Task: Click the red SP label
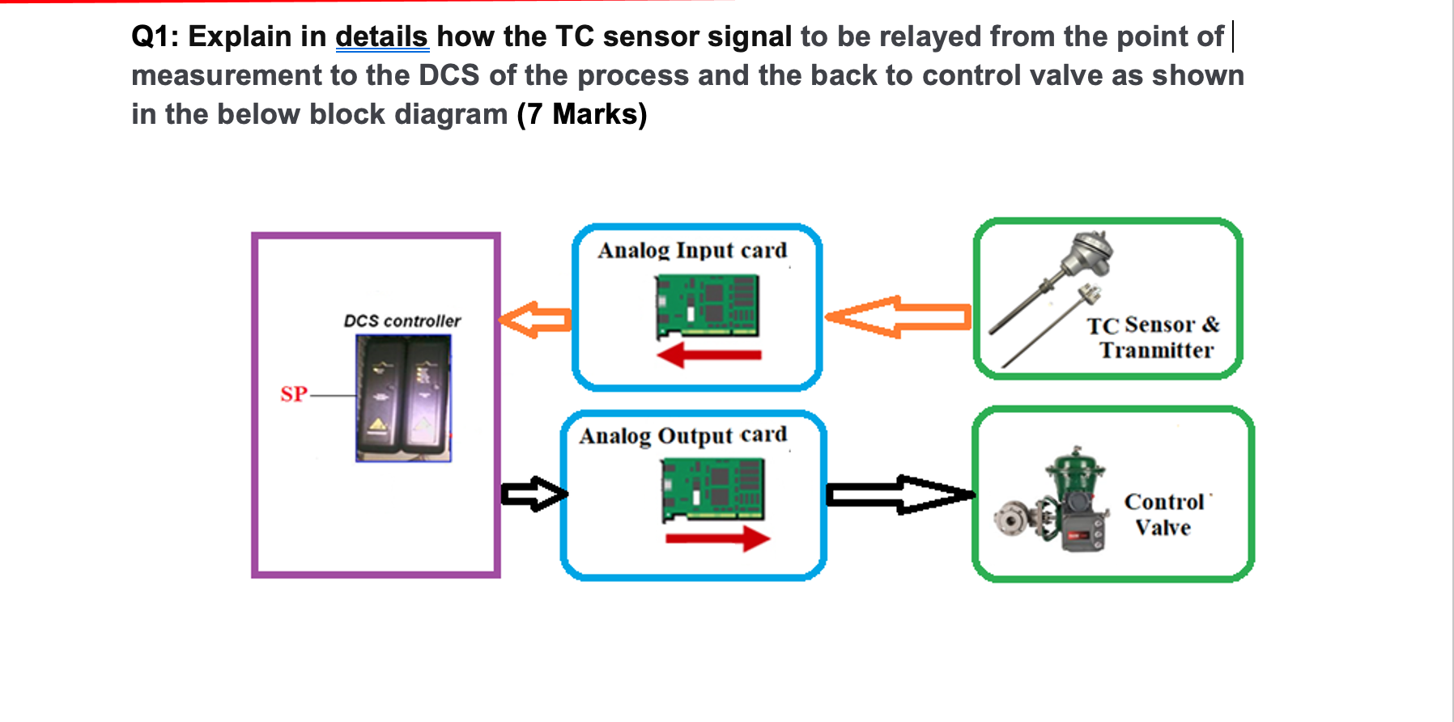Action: click(x=294, y=394)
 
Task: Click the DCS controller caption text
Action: click(x=402, y=321)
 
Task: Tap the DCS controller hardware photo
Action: click(x=403, y=398)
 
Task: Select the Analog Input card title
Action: click(x=692, y=251)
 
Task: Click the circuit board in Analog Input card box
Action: click(x=708, y=306)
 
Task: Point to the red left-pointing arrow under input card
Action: click(x=708, y=355)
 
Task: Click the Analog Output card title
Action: click(x=682, y=436)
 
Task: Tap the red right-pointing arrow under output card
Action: click(x=717, y=538)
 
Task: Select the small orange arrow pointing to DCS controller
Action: click(x=535, y=320)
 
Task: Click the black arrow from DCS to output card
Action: click(x=534, y=493)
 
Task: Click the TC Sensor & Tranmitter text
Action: click(x=1154, y=338)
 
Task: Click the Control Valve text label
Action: click(x=1163, y=515)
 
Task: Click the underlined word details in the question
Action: click(x=381, y=37)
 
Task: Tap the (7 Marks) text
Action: click(x=582, y=115)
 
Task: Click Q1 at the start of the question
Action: click(x=154, y=37)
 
